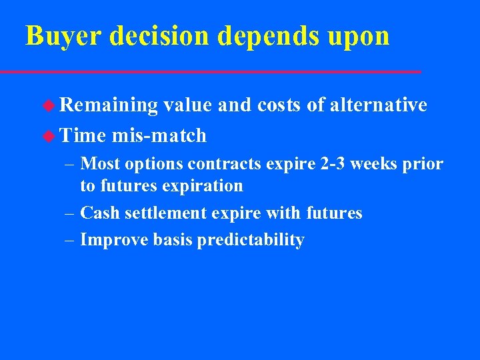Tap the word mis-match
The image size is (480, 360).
tap(159, 136)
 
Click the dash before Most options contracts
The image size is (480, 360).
tap(70, 164)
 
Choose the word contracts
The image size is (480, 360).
tap(219, 164)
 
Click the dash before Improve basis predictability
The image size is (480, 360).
tap(70, 241)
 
